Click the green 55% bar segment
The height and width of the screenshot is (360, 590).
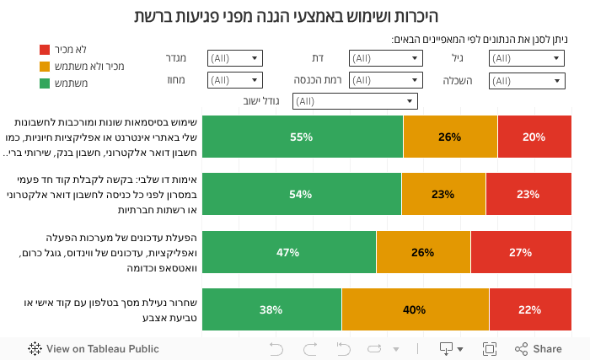point(302,137)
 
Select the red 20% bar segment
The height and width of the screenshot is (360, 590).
point(533,137)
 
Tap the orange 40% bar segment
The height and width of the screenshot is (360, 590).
point(415,309)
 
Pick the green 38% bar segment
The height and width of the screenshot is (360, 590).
point(271,309)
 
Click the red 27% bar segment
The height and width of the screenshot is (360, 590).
point(520,252)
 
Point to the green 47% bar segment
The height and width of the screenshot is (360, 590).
point(288,252)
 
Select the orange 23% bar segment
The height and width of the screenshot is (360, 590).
point(443,194)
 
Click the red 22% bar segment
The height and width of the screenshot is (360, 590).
point(529,309)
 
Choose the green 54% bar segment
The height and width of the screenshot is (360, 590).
point(301,194)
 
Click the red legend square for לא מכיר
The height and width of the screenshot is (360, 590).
point(46,50)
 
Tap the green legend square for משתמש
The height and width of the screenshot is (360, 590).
point(46,83)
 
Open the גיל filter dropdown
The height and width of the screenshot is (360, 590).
point(526,58)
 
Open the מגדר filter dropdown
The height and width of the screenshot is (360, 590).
point(234,58)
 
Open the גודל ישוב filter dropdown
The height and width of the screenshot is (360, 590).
point(355,101)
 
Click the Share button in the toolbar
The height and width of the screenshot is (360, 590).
point(539,349)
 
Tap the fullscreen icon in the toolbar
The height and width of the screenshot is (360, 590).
point(489,349)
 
